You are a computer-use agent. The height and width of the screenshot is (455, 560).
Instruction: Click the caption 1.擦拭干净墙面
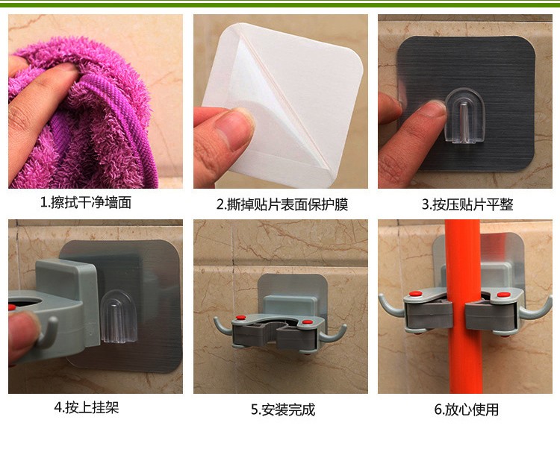[x=86, y=202]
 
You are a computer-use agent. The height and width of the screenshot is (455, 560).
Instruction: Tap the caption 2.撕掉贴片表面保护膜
[x=282, y=204]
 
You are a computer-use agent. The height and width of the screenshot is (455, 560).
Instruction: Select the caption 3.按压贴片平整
[x=467, y=204]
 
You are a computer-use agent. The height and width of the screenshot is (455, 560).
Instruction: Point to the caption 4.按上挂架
[x=87, y=407]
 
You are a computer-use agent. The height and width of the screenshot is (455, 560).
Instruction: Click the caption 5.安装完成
[x=283, y=409]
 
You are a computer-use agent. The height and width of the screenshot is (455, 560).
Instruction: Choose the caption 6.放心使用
[x=467, y=409]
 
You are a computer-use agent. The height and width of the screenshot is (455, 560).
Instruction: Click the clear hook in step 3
[x=465, y=116]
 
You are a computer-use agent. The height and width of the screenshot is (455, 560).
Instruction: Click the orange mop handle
[x=463, y=307]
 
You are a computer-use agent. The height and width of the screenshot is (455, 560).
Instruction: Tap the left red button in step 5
[x=240, y=317]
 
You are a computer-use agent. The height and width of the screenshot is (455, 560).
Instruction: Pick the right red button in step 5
[x=307, y=322]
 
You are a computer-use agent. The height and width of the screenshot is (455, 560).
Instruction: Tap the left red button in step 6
[x=415, y=294]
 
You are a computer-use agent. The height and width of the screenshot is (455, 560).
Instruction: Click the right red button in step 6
[x=503, y=295]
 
